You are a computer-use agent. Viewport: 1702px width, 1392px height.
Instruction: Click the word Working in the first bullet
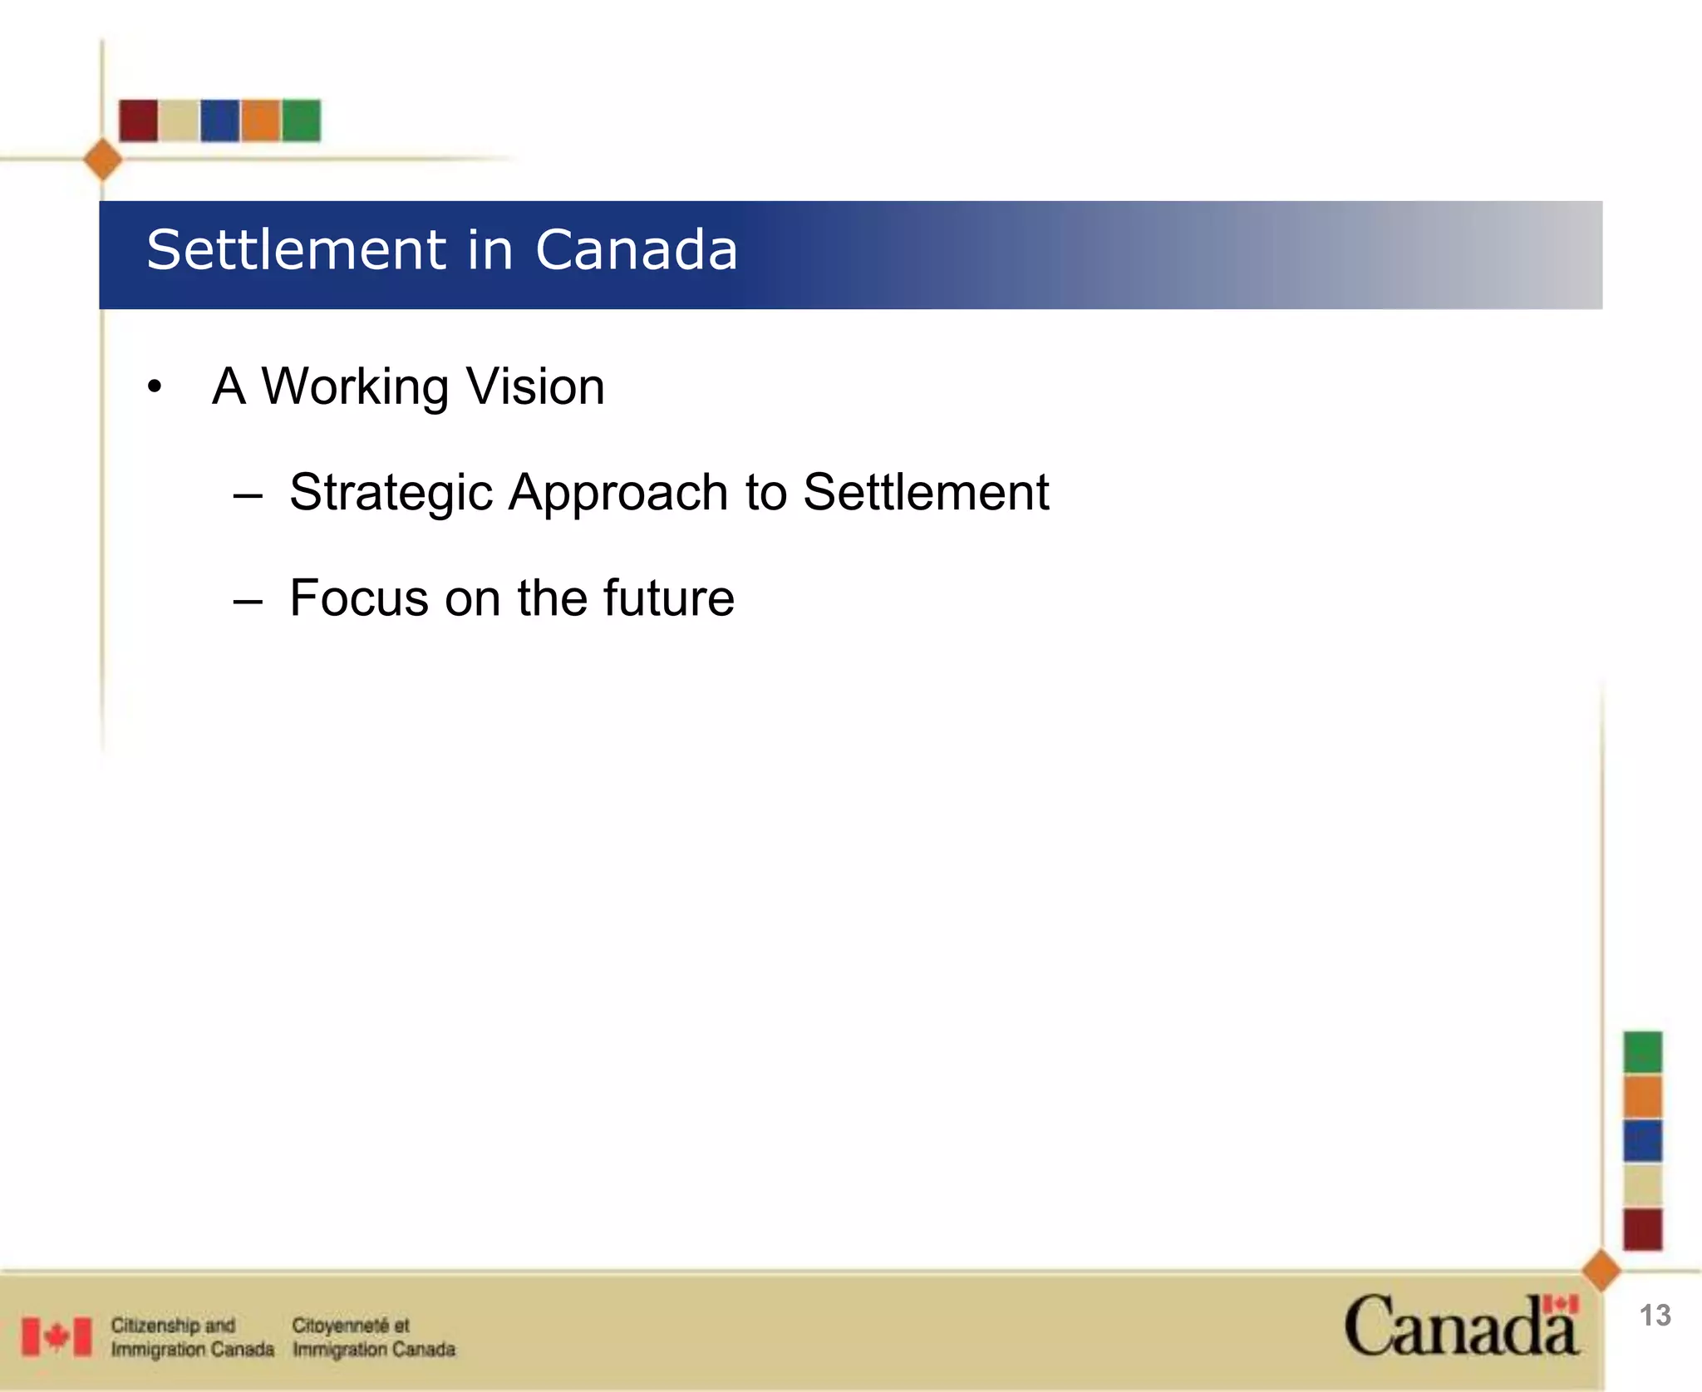[x=355, y=387]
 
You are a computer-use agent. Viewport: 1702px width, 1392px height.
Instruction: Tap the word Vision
[x=534, y=387]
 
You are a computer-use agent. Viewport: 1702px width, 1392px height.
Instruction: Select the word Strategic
[x=391, y=493]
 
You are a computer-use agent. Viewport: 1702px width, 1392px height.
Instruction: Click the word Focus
[x=359, y=598]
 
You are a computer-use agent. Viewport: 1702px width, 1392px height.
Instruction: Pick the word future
[x=668, y=598]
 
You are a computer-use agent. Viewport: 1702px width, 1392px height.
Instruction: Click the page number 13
[x=1655, y=1316]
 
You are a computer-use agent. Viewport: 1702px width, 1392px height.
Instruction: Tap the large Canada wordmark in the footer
[x=1460, y=1326]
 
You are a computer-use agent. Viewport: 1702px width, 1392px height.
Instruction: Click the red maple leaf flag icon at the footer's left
[x=57, y=1336]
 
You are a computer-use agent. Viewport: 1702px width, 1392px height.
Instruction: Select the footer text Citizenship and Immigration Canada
[x=192, y=1337]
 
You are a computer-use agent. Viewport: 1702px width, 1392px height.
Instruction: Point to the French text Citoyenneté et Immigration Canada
[x=373, y=1337]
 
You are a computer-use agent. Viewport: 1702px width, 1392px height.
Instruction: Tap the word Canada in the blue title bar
[x=636, y=250]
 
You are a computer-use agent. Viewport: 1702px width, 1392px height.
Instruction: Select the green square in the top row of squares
[x=301, y=121]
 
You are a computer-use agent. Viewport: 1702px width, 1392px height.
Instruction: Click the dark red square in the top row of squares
[x=139, y=121]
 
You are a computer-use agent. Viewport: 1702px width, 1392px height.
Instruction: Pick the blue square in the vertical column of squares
[x=1643, y=1140]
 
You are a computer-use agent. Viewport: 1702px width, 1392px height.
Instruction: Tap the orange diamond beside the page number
[x=1601, y=1271]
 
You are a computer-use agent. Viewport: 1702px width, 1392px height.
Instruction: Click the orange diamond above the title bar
[x=103, y=160]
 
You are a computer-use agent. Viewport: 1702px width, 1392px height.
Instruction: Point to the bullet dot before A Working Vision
[x=155, y=387]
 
